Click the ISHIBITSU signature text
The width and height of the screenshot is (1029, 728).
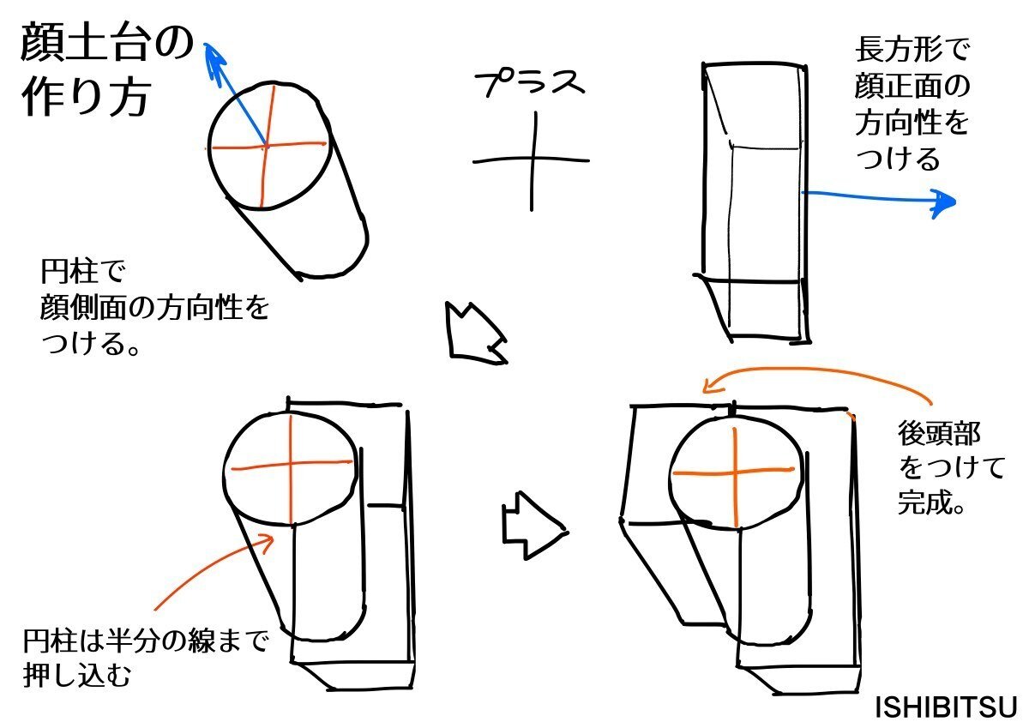point(945,707)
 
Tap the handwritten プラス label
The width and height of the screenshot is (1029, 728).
point(529,83)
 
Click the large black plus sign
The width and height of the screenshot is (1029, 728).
point(532,160)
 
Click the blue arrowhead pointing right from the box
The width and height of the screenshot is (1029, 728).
point(942,202)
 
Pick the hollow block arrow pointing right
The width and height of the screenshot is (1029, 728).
point(533,526)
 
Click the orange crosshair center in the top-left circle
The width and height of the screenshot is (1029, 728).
point(266,147)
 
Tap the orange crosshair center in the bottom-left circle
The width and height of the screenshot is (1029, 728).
point(291,467)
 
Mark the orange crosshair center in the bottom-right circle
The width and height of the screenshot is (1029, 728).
point(735,472)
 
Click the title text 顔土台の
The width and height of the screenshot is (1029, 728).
point(106,43)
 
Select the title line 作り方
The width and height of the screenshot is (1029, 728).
point(86,98)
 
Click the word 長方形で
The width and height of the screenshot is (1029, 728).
point(912,50)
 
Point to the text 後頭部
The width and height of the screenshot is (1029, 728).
point(939,434)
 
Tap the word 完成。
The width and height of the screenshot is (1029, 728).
point(930,502)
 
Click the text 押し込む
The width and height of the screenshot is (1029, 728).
point(76,675)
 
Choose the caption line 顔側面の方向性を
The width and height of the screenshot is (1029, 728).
point(154,307)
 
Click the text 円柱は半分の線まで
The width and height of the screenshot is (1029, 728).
point(145,641)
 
